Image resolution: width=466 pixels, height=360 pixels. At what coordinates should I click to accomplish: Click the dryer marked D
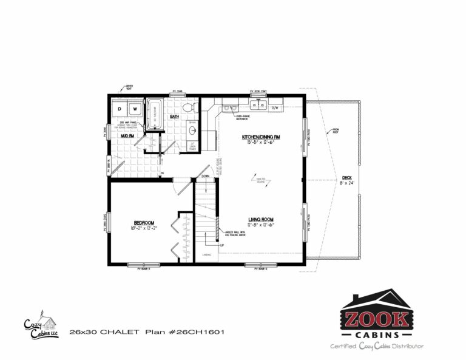pos(120,109)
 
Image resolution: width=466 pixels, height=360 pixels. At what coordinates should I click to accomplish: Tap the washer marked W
pos(134,109)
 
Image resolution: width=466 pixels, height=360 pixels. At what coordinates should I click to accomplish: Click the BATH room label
pos(174,117)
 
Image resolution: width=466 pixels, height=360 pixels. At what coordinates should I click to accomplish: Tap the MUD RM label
pos(127,136)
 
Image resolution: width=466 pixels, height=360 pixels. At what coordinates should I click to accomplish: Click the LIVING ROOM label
pos(262,219)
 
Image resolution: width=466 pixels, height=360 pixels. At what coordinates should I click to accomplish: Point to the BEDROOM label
pos(144,223)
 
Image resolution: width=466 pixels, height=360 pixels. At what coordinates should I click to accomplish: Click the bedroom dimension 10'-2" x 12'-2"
pos(144,228)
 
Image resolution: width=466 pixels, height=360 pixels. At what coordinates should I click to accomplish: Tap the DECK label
pos(346,178)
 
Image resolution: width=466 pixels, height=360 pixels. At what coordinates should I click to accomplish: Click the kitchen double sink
pos(257,105)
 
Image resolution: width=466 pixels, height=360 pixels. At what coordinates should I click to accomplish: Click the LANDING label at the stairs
pos(207,255)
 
